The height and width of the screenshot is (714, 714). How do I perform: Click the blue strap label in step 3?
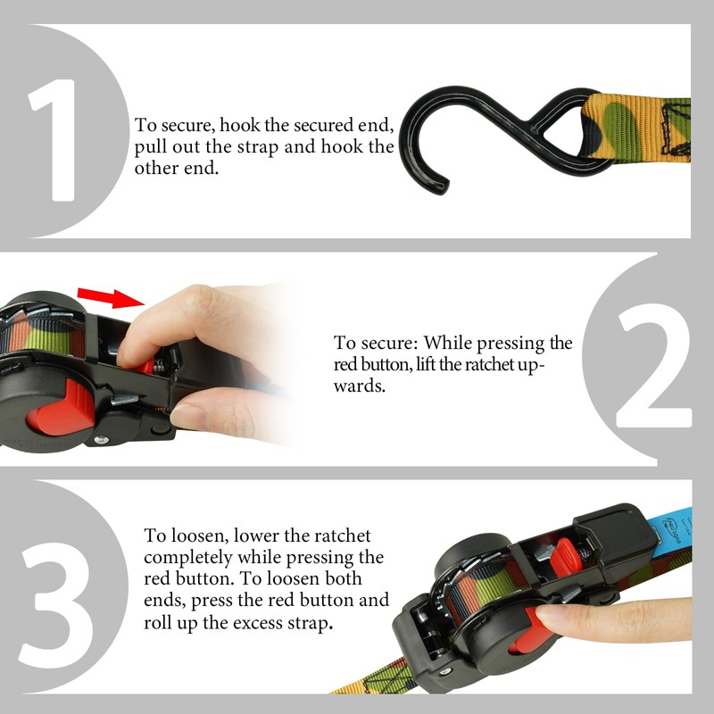pyautogui.click(x=677, y=536)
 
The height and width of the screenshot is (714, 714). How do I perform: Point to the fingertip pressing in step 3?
pyautogui.click(x=548, y=618)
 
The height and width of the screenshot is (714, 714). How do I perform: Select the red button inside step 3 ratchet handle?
pyautogui.click(x=562, y=559)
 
